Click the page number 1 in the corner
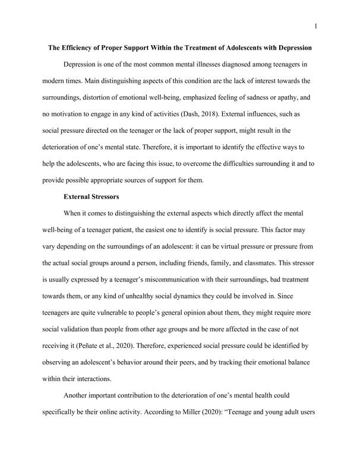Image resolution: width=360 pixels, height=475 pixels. [315, 26]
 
